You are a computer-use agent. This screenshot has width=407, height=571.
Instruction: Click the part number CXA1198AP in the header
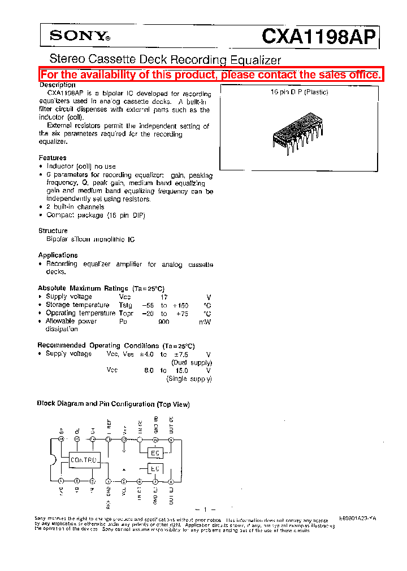point(318,37)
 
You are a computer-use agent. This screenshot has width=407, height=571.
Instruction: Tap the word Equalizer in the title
point(254,59)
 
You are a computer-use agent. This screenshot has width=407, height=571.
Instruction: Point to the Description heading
point(57,85)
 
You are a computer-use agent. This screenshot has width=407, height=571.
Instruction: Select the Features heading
point(53,158)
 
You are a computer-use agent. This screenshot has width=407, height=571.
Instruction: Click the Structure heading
point(53,231)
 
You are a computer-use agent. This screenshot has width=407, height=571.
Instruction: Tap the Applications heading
point(58,255)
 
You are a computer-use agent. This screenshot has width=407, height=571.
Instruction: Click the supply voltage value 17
point(164,297)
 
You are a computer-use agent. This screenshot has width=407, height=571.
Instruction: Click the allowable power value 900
point(164,321)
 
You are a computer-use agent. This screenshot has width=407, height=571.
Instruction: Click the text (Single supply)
point(189,379)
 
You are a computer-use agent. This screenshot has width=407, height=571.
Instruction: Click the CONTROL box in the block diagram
point(84,460)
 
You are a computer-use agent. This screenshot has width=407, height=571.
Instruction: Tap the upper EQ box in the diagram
point(154,453)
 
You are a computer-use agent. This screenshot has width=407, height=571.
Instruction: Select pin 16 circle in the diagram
point(61,439)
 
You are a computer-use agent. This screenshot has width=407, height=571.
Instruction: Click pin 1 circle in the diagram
point(61,481)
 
